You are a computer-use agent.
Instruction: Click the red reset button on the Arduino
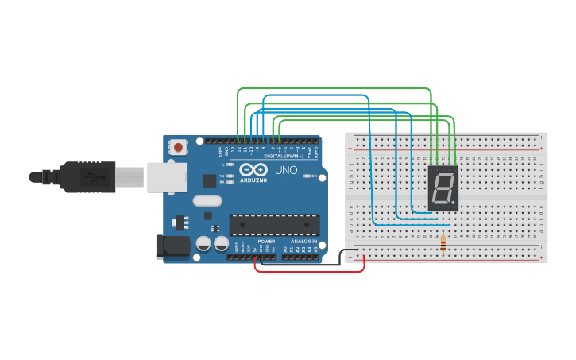click(179, 147)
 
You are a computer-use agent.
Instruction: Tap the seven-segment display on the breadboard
click(443, 188)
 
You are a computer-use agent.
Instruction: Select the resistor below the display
click(443, 246)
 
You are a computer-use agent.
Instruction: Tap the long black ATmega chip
click(274, 225)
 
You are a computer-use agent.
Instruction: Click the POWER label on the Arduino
click(266, 241)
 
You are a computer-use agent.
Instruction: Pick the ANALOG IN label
click(303, 241)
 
